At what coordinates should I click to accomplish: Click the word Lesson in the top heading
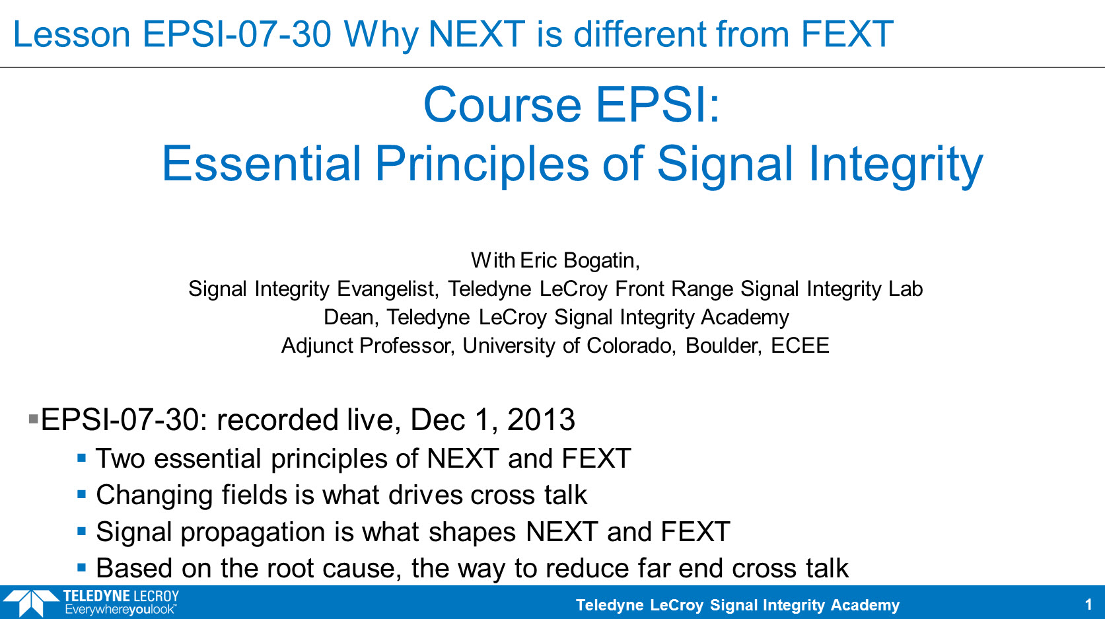click(72, 34)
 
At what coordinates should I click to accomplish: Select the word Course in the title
click(502, 104)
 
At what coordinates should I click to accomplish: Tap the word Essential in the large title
click(262, 163)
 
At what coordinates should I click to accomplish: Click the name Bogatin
click(601, 260)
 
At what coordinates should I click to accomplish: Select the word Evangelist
click(388, 289)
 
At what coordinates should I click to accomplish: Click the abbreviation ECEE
click(800, 346)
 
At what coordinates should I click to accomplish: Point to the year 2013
click(541, 419)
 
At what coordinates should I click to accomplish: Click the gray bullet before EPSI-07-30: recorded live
click(34, 419)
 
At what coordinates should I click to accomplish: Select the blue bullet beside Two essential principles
click(82, 458)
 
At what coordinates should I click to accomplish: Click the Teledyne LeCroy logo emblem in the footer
click(30, 602)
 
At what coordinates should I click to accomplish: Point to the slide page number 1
click(1088, 604)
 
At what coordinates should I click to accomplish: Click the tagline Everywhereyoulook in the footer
click(120, 610)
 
